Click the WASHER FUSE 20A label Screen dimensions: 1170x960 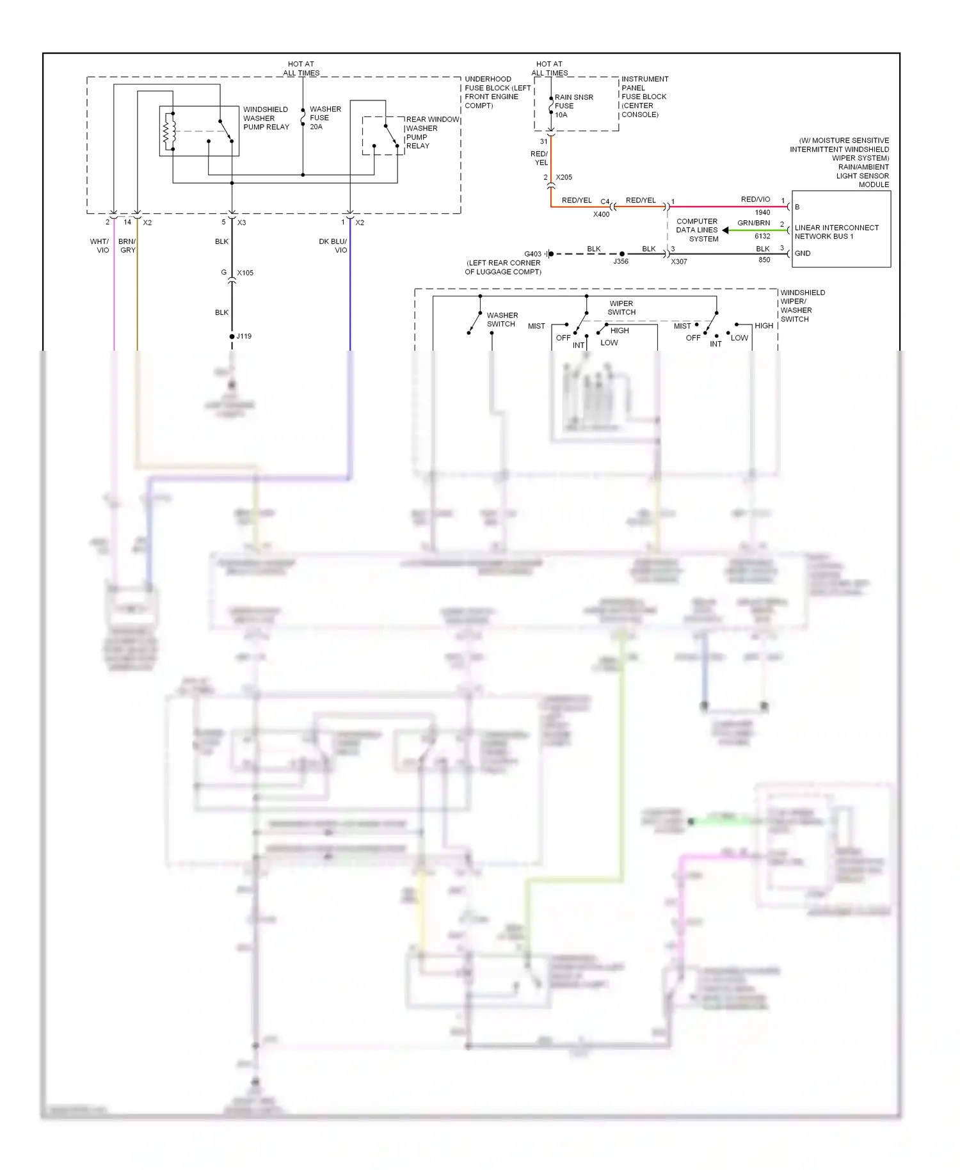(324, 118)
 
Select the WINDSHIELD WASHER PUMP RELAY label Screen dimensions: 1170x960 (266, 118)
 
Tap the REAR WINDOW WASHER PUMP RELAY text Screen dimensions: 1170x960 (431, 132)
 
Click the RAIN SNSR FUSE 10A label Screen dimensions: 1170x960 (573, 106)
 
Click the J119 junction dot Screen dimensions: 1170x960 (232, 337)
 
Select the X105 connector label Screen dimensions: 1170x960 (245, 273)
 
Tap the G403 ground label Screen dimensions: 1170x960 (532, 254)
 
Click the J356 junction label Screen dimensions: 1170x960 (621, 262)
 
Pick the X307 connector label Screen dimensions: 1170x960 (678, 262)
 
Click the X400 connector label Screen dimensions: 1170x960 (601, 214)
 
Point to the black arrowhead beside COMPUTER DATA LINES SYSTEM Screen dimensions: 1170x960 (725, 230)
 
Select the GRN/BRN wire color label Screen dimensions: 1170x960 (753, 223)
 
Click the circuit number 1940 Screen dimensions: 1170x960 (762, 212)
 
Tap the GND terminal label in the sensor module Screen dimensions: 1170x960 (803, 253)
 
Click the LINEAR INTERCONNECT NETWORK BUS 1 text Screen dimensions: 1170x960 (836, 232)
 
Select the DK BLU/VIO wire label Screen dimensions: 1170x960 (333, 246)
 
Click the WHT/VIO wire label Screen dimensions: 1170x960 (100, 246)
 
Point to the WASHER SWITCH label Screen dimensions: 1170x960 (502, 319)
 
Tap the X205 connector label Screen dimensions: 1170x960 (564, 177)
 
